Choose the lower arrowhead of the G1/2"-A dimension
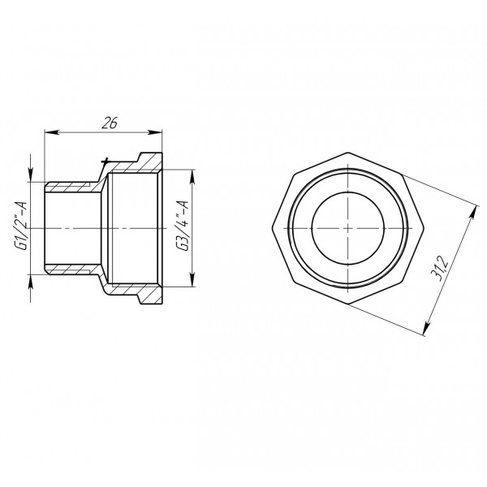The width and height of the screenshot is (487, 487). point(32,278)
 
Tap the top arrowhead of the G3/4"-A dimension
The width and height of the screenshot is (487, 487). point(192,173)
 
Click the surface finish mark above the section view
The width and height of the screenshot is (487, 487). point(102,164)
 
